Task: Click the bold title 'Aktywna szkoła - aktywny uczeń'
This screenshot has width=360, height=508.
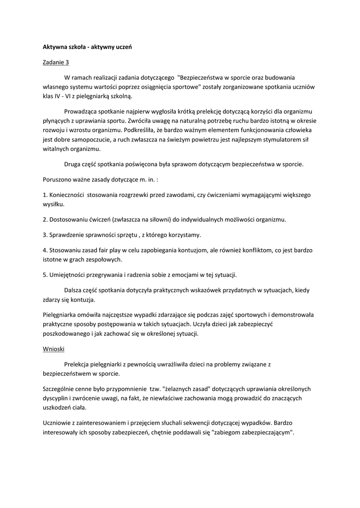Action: pyautogui.click(x=86, y=48)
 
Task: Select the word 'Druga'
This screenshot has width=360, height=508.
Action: pyautogui.click(x=73, y=164)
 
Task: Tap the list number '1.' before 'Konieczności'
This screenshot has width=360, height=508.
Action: pyautogui.click(x=44, y=195)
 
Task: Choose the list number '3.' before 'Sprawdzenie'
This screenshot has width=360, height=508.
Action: pyautogui.click(x=44, y=234)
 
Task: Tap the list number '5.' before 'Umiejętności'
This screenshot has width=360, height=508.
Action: pyautogui.click(x=44, y=274)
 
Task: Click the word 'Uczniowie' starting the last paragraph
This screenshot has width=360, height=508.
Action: pyautogui.click(x=57, y=423)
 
